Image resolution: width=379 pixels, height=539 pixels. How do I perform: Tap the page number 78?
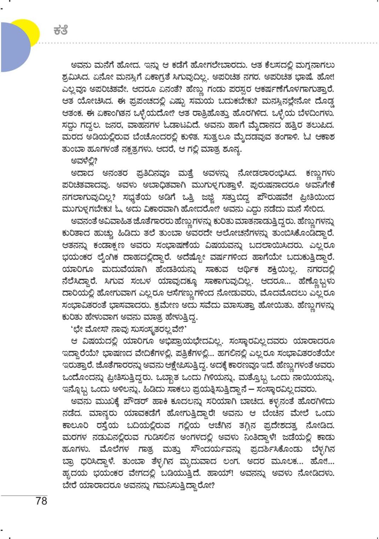point(41,500)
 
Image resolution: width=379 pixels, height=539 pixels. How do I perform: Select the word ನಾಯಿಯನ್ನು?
point(311,378)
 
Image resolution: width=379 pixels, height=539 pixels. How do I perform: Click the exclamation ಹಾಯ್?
point(224,473)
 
